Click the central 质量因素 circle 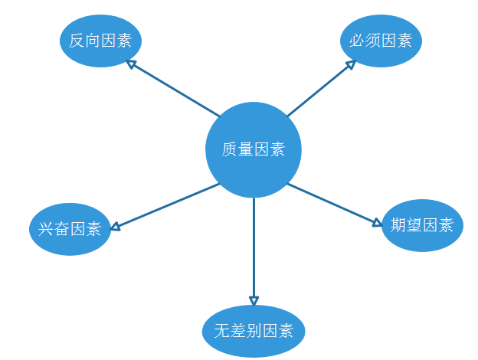[x=254, y=150]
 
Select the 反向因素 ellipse [x=100, y=41]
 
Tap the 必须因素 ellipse [x=381, y=41]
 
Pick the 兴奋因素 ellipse [x=70, y=228]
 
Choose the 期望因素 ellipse [x=421, y=225]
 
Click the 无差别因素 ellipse [x=254, y=332]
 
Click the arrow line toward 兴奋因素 [x=165, y=206]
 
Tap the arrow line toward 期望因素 [x=334, y=204]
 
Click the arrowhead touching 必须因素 [x=350, y=65]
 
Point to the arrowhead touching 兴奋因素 [x=115, y=226]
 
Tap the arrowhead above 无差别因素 [x=254, y=300]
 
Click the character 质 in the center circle [x=230, y=150]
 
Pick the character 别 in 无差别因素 [x=254, y=332]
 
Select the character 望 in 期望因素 [x=414, y=225]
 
